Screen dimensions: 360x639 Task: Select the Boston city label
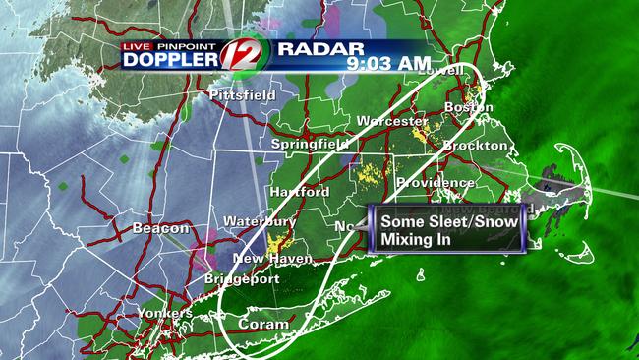coord(468,106)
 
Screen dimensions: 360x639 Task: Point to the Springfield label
coord(311,144)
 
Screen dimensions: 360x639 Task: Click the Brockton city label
coord(475,145)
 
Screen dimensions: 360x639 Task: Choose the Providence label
coord(436,183)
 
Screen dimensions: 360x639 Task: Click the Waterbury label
coord(253,221)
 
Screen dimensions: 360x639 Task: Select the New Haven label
coord(272,259)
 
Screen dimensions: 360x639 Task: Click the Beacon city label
coord(154,228)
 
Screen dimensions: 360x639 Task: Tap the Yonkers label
coord(165,313)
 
